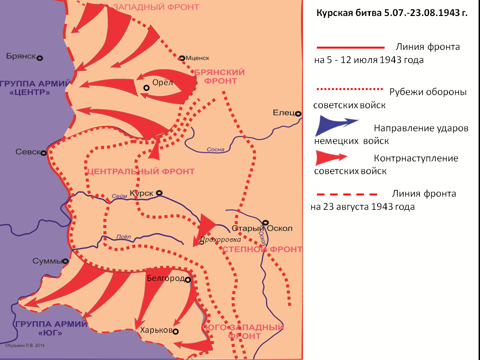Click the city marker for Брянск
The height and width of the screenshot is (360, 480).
40,58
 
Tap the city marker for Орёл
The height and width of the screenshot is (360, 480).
147,88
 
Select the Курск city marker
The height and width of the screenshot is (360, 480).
159,192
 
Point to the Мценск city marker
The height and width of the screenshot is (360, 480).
182,58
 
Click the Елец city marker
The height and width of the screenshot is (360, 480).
298,113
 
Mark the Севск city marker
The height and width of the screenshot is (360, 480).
43,152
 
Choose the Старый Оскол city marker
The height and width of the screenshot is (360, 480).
266,223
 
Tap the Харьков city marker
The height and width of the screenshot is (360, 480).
175,331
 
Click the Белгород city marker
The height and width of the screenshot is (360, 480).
187,280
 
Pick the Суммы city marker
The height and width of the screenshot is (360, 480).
65,261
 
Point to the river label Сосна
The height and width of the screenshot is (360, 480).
216,150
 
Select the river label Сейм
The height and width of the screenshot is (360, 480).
119,196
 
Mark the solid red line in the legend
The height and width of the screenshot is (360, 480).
350,48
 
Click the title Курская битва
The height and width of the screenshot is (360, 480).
391,13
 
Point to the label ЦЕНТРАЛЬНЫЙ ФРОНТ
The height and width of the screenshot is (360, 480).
141,171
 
